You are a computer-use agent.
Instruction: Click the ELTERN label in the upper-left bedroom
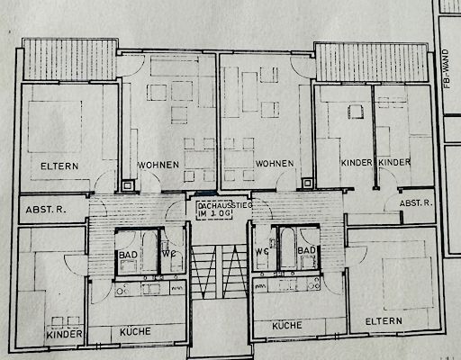pyautogui.click(x=59, y=166)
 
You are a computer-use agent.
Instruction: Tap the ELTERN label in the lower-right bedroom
pyautogui.click(x=384, y=321)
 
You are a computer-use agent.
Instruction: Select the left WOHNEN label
pyautogui.click(x=158, y=165)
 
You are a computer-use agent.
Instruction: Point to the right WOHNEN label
pyautogui.click(x=275, y=164)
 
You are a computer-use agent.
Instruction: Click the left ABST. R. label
pyautogui.click(x=46, y=210)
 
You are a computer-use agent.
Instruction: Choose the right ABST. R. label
pyautogui.click(x=416, y=203)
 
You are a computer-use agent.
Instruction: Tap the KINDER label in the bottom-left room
pyautogui.click(x=64, y=334)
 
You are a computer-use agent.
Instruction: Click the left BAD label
pyautogui.click(x=128, y=255)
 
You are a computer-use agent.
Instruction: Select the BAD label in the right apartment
pyautogui.click(x=306, y=250)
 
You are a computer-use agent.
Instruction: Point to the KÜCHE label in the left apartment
pyautogui.click(x=135, y=331)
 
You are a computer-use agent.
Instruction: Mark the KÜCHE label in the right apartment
pyautogui.click(x=287, y=326)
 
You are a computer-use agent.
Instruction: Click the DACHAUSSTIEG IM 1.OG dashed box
pyautogui.click(x=214, y=210)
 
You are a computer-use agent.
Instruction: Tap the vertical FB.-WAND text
pyautogui.click(x=447, y=68)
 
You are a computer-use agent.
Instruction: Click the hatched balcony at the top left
pyautogui.click(x=70, y=59)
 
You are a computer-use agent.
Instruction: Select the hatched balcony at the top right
pyautogui.click(x=372, y=62)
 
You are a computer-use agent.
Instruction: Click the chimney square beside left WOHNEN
pyautogui.click(x=127, y=185)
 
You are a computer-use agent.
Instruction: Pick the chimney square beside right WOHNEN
pyautogui.click(x=307, y=183)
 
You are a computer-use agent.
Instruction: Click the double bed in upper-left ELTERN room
pyautogui.click(x=55, y=127)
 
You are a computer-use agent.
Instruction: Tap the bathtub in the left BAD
pyautogui.click(x=149, y=250)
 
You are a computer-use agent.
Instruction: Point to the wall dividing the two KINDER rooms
pyautogui.click(x=374, y=137)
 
